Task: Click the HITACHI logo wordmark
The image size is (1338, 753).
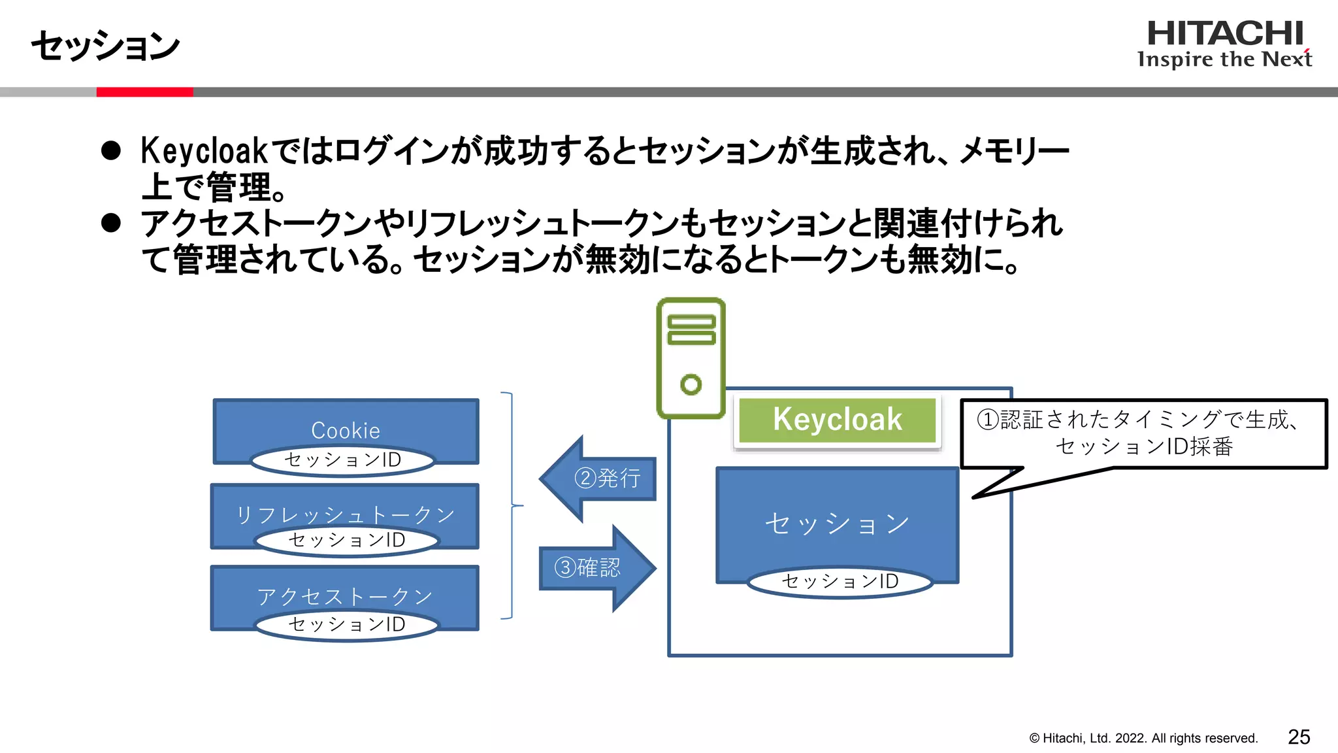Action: pyautogui.click(x=1225, y=33)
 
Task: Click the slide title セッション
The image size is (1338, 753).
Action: pyautogui.click(x=105, y=46)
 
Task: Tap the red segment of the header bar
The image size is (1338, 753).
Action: pyautogui.click(x=144, y=92)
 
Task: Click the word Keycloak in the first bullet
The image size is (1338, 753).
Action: pyautogui.click(x=204, y=151)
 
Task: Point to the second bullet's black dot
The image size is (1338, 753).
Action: pyautogui.click(x=111, y=223)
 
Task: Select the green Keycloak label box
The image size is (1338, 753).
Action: pyautogui.click(x=837, y=420)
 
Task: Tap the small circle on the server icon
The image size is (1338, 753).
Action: pyautogui.click(x=691, y=384)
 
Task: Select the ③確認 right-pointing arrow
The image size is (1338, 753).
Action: pyautogui.click(x=596, y=567)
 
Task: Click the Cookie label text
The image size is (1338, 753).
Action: pyautogui.click(x=346, y=430)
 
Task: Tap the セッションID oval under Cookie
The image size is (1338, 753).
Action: pyautogui.click(x=343, y=460)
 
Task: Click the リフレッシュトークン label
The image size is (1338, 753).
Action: pyautogui.click(x=345, y=515)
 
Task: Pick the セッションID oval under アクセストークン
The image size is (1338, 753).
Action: pyautogui.click(x=347, y=624)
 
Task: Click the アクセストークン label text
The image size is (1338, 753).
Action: pyautogui.click(x=345, y=596)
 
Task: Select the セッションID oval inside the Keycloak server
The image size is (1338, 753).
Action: pyautogui.click(x=840, y=581)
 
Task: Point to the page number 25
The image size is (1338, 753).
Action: pyautogui.click(x=1299, y=737)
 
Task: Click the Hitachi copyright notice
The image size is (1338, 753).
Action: pyautogui.click(x=1143, y=739)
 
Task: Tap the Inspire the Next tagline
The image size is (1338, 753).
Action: pyautogui.click(x=1224, y=59)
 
